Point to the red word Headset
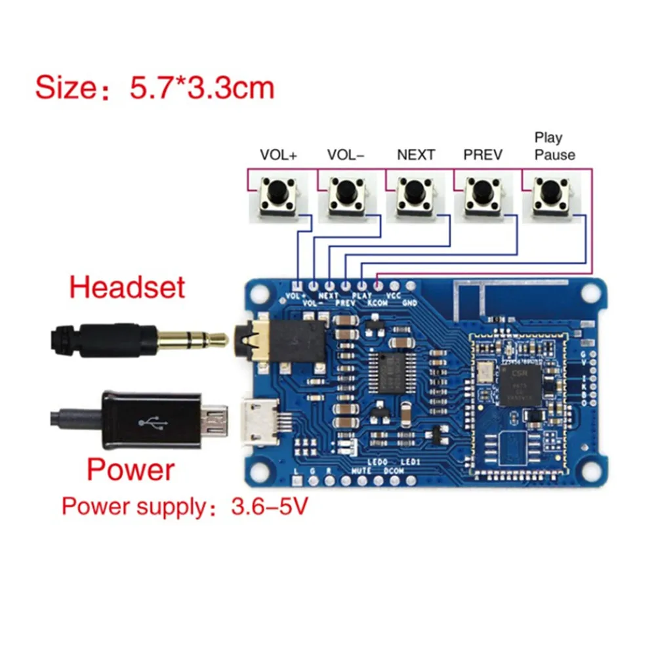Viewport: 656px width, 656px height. click(x=127, y=288)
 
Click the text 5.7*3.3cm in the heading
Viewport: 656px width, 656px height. click(x=201, y=88)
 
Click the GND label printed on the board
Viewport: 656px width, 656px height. click(x=409, y=303)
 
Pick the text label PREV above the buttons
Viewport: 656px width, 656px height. click(x=482, y=155)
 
